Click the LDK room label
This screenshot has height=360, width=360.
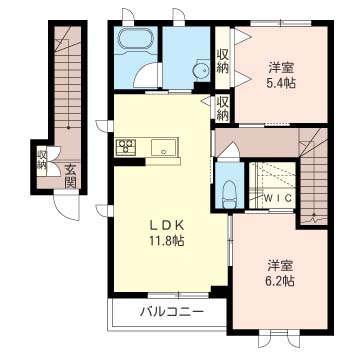click(167, 226)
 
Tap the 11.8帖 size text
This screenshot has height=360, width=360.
click(167, 241)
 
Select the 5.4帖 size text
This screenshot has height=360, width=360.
click(281, 83)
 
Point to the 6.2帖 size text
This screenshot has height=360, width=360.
click(280, 281)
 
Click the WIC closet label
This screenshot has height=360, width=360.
click(278, 197)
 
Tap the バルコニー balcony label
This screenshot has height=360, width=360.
click(171, 313)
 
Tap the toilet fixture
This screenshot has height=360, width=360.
click(229, 194)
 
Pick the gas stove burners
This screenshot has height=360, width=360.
click(126, 147)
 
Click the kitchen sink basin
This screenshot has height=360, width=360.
click(163, 147)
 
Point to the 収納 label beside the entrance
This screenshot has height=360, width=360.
click(41, 160)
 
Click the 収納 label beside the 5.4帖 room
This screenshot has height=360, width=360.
click(222, 61)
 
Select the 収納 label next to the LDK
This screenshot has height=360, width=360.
click(222, 108)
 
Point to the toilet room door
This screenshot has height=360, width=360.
click(229, 151)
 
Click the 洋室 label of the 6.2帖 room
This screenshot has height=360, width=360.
click(281, 266)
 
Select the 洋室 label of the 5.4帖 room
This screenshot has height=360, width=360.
click(282, 68)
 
